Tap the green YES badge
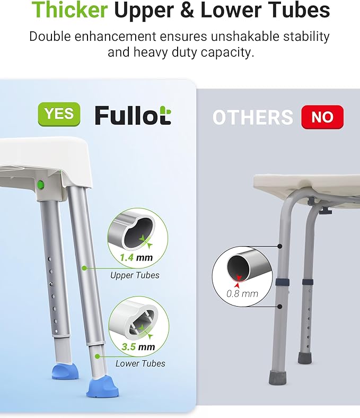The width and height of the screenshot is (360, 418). click(x=59, y=114)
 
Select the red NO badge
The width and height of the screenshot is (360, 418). click(x=322, y=117)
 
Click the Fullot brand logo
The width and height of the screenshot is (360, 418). click(x=133, y=115)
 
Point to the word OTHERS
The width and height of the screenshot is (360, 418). click(x=252, y=117)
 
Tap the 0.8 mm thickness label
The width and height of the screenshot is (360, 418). click(x=242, y=293)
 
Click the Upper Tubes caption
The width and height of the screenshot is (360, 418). click(x=135, y=275)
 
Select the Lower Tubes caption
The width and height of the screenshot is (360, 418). click(x=140, y=363)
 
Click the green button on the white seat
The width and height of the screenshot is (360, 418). click(x=40, y=185)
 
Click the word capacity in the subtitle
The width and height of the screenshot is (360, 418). click(x=226, y=53)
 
